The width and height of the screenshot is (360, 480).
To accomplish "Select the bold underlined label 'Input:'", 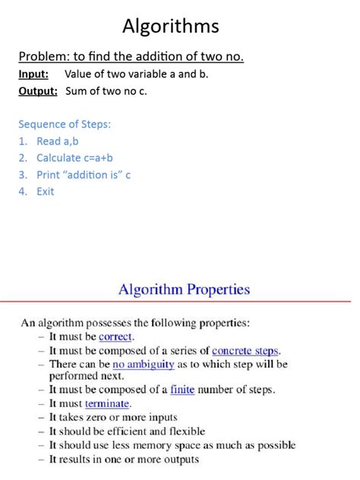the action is coord(33,74).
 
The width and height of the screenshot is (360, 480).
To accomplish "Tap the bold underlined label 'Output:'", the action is coord(38,90).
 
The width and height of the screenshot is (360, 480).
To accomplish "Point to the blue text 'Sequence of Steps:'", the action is coord(65,124).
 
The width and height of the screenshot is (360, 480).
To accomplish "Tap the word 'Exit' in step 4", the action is coord(46,191).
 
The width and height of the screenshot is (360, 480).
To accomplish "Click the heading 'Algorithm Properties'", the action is coord(184,289).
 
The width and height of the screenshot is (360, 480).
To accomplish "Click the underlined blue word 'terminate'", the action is coord(108,404).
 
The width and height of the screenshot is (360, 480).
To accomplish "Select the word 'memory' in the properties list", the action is coord(166,445).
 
